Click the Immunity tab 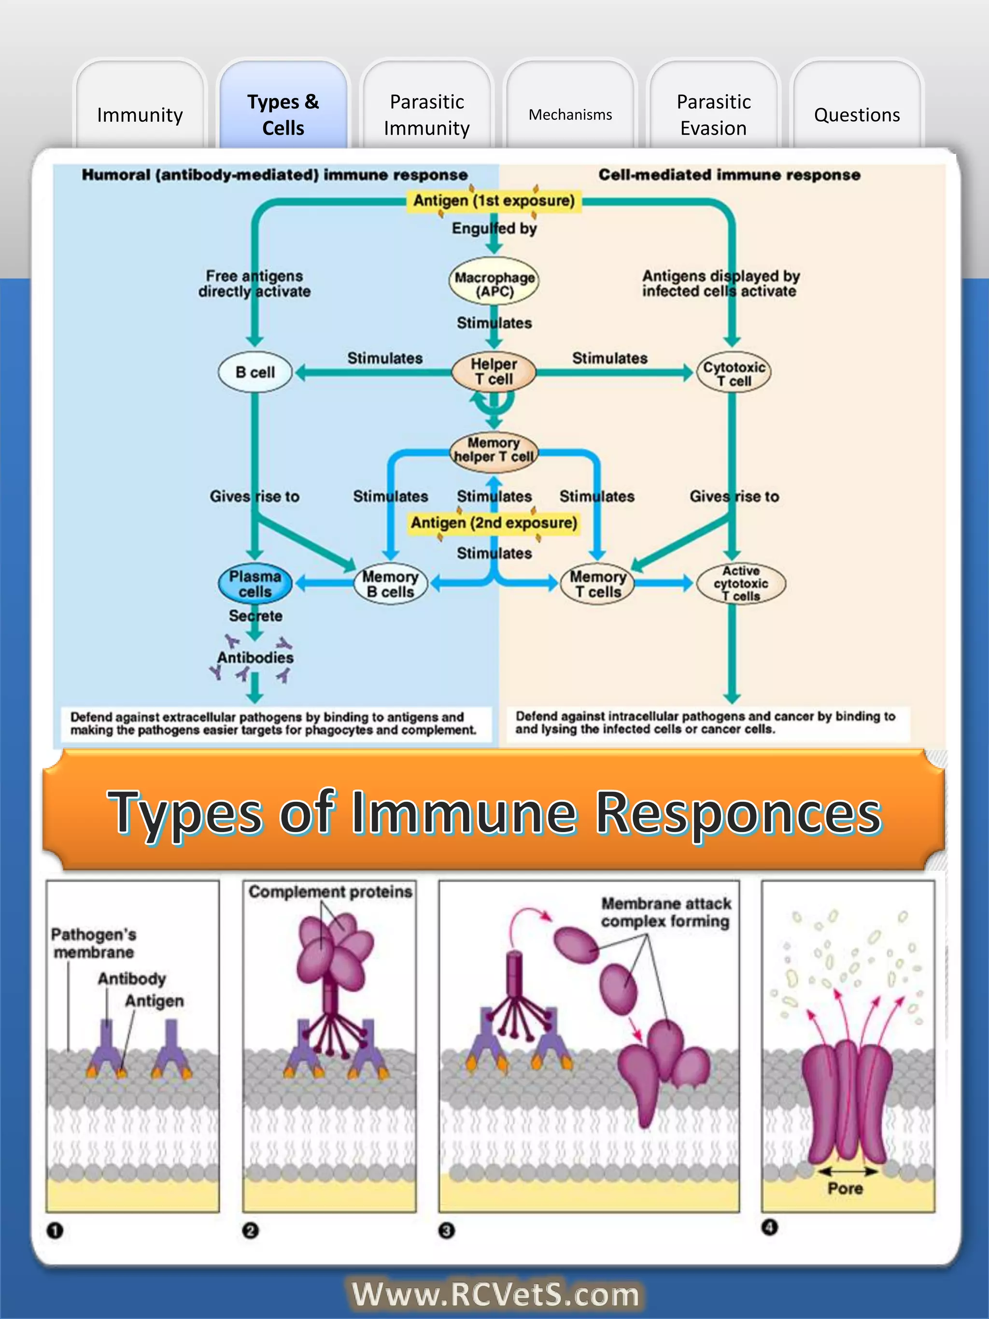tap(140, 114)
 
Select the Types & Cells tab tap(283, 114)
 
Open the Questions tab tap(857, 114)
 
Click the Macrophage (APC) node tap(494, 284)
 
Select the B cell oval tap(255, 372)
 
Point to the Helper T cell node tap(494, 371)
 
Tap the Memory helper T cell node tap(494, 450)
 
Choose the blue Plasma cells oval tap(255, 584)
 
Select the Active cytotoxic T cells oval tap(740, 583)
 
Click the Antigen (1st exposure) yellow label tap(494, 200)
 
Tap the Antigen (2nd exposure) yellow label tap(494, 523)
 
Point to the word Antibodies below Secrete tap(255, 657)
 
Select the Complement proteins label tap(330, 892)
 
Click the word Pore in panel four tap(845, 1189)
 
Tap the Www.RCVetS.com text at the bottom tap(495, 1294)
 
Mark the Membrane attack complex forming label tap(665, 912)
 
